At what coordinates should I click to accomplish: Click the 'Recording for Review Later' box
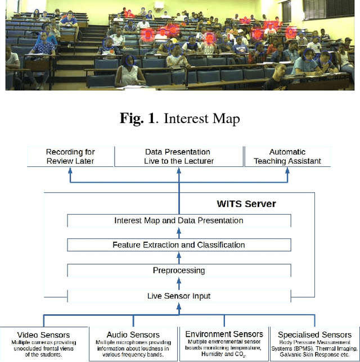click(x=70, y=156)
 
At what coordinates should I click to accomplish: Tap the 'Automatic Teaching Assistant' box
click(x=287, y=156)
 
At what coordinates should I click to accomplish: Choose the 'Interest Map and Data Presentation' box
click(x=179, y=220)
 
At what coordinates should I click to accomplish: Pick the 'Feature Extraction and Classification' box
click(x=179, y=245)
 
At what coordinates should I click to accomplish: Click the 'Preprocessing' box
click(x=179, y=270)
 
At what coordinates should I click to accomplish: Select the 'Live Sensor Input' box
click(x=179, y=296)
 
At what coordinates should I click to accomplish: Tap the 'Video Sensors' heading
click(x=44, y=335)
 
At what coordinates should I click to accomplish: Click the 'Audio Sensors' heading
click(x=133, y=335)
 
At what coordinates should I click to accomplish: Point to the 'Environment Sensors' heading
click(x=224, y=334)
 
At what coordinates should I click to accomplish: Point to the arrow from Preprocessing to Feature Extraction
click(x=179, y=258)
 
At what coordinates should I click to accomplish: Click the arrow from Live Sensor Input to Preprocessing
click(x=179, y=283)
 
